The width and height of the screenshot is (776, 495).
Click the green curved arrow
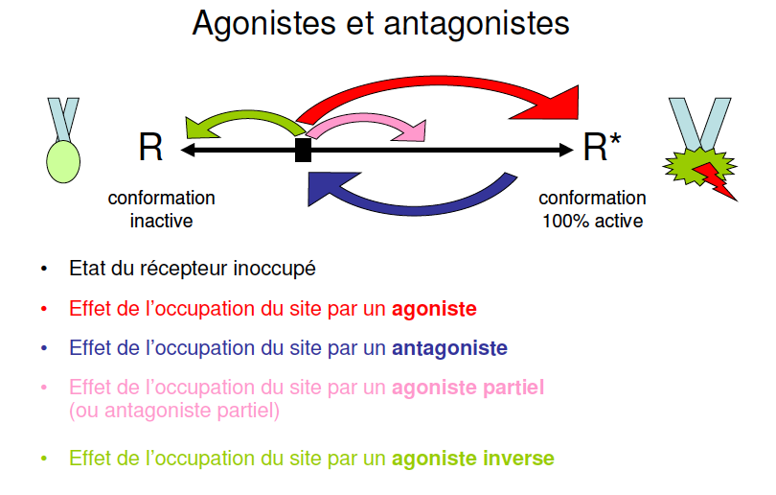(x=244, y=119)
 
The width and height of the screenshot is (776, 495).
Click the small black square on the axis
(x=303, y=150)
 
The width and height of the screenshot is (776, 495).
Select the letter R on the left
(x=151, y=149)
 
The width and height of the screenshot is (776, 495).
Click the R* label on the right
(x=602, y=149)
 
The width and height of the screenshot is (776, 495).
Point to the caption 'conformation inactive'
(x=161, y=209)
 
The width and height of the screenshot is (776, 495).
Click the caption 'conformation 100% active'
(x=592, y=209)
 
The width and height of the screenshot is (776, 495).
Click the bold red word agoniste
(x=434, y=309)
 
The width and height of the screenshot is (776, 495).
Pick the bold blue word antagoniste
(x=449, y=347)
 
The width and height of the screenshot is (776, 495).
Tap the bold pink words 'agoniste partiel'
(x=468, y=388)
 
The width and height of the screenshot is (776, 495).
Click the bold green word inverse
(x=517, y=459)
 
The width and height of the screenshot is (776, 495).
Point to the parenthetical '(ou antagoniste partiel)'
(x=173, y=412)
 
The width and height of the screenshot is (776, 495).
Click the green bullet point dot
(x=43, y=459)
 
